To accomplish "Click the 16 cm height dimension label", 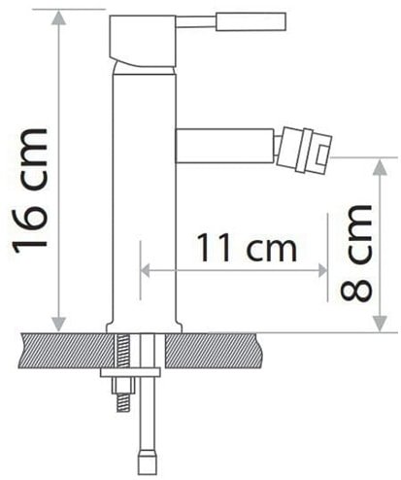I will (32, 189).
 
